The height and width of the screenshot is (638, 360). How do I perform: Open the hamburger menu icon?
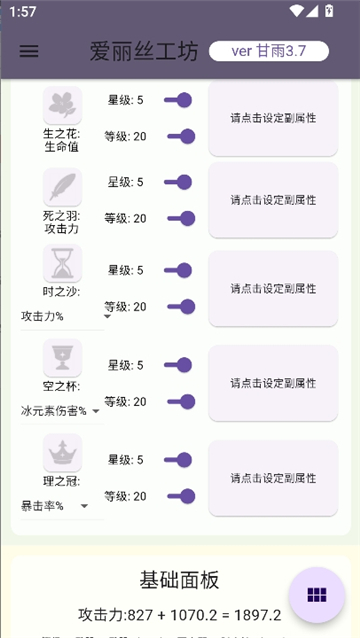pos(29,51)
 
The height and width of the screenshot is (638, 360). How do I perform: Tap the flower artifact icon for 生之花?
pos(62,104)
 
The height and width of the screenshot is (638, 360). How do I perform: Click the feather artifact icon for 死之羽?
pos(62,187)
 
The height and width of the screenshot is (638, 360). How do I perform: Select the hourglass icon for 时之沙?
pos(62,264)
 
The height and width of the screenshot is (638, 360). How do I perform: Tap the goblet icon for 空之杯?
pos(62,357)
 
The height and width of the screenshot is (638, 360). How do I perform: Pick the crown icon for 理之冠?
pos(62,452)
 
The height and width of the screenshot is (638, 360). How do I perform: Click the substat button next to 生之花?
pos(272,118)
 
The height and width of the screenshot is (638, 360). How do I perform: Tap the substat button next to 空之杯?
pos(272,383)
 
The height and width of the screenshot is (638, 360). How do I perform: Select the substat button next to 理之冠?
pos(272,478)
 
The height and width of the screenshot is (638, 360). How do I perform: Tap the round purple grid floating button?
pos(317,595)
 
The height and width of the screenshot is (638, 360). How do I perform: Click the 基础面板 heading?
pos(179,581)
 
